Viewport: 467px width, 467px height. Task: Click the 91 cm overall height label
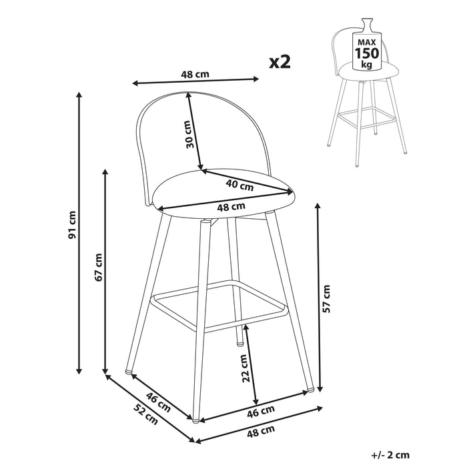point(72,225)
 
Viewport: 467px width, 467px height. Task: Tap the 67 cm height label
point(98,267)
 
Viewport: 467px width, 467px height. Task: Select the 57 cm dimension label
point(326,299)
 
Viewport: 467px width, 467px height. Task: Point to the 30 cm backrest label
point(189,134)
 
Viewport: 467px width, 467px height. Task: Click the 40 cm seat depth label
point(240,185)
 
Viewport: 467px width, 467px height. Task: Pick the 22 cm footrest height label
point(244,368)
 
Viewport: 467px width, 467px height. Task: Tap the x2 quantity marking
point(280,61)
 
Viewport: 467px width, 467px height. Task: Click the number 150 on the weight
point(367,53)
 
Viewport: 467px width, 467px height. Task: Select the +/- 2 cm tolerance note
point(390,455)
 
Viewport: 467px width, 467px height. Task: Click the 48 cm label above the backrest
point(195,74)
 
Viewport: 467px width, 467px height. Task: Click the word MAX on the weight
point(367,42)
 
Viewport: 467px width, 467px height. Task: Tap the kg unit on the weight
point(367,64)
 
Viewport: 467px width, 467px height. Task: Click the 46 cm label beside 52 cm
point(158,402)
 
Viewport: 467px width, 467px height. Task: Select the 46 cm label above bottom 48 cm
point(261,411)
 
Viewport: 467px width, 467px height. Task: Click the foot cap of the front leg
point(195,421)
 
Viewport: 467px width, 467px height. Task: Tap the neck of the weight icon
point(367,23)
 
